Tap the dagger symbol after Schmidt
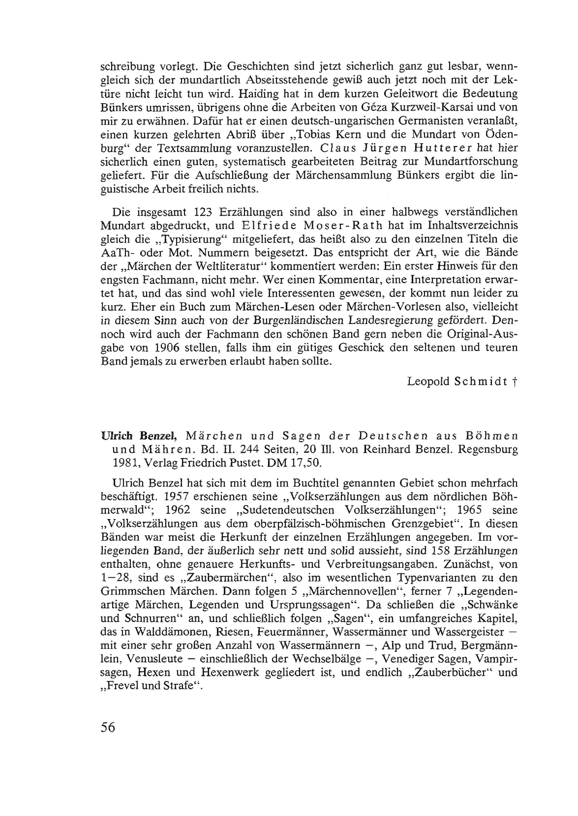(515, 382)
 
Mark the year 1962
(178, 510)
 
